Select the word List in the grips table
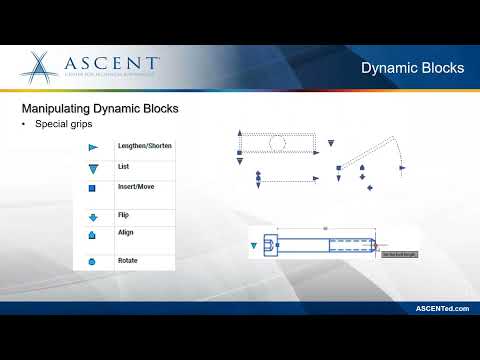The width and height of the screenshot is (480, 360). pyautogui.click(x=124, y=166)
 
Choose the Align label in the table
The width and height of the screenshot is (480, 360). pyautogui.click(x=126, y=232)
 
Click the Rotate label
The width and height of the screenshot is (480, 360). pyautogui.click(x=128, y=261)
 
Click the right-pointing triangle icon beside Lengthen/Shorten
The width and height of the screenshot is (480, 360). pyautogui.click(x=91, y=147)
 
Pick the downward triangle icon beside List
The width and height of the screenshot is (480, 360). pyautogui.click(x=91, y=167)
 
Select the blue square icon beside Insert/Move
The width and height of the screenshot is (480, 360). pyautogui.click(x=91, y=188)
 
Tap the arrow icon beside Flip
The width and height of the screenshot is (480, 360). pyautogui.click(x=91, y=215)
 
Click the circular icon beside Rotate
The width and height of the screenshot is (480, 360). pyautogui.click(x=91, y=262)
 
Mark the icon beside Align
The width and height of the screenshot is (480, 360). pyautogui.click(x=91, y=236)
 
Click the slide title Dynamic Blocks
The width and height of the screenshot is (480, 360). pyautogui.click(x=412, y=68)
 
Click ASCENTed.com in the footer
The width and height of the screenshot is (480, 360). pyautogui.click(x=442, y=309)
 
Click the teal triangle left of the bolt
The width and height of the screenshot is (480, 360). pyautogui.click(x=252, y=243)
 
